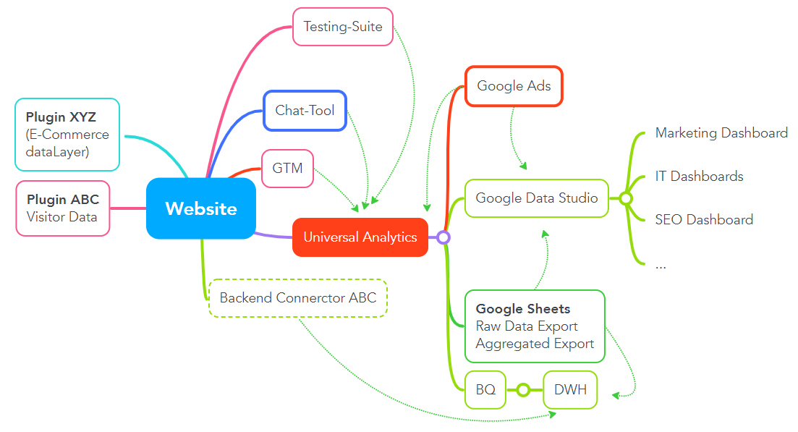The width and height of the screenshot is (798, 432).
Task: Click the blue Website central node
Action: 200,208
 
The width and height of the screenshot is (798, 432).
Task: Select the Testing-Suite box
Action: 342,27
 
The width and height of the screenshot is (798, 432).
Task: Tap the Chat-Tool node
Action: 305,111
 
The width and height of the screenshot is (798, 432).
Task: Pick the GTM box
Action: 287,169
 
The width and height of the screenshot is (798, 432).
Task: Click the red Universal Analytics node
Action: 360,237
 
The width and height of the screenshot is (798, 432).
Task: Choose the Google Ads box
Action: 514,86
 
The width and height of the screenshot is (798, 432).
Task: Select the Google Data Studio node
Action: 536,198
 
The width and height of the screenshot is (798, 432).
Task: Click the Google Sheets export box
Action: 535,326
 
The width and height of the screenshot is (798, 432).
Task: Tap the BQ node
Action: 485,390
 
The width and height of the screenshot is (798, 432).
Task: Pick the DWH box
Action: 570,390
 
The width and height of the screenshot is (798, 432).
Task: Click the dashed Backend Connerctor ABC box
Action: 298,297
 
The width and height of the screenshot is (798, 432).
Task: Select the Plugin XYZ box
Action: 67,134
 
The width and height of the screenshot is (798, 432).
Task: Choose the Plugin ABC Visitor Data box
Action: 63,208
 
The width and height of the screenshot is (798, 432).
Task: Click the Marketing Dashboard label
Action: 721,133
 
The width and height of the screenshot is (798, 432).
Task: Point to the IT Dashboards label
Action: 699,177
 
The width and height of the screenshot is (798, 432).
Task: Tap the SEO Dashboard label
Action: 703,219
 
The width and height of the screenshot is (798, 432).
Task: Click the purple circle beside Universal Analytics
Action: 443,237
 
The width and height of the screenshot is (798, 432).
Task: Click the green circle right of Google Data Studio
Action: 626,198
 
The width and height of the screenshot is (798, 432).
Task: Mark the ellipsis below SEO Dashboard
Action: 660,265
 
